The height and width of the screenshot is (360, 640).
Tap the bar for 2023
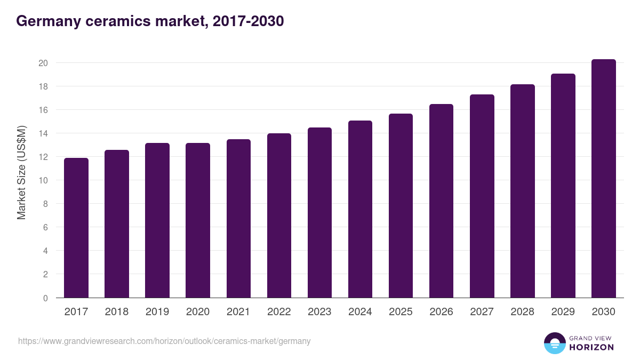point(319,213)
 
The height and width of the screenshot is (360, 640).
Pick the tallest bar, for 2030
point(603,179)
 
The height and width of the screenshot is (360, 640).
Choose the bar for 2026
point(441,201)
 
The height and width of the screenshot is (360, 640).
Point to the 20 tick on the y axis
point(43,63)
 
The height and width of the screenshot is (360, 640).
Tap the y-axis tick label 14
point(43,133)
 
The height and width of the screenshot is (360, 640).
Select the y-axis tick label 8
point(46,204)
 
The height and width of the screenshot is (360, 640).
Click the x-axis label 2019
point(157,312)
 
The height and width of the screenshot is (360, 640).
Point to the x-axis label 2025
point(401,312)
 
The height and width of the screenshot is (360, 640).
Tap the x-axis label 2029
point(563,312)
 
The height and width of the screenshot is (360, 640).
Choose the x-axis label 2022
point(279,312)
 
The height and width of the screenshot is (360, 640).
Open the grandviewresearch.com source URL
point(164,341)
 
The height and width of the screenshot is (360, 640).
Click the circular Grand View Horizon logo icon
point(555,343)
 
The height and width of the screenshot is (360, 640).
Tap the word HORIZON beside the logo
point(591,347)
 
